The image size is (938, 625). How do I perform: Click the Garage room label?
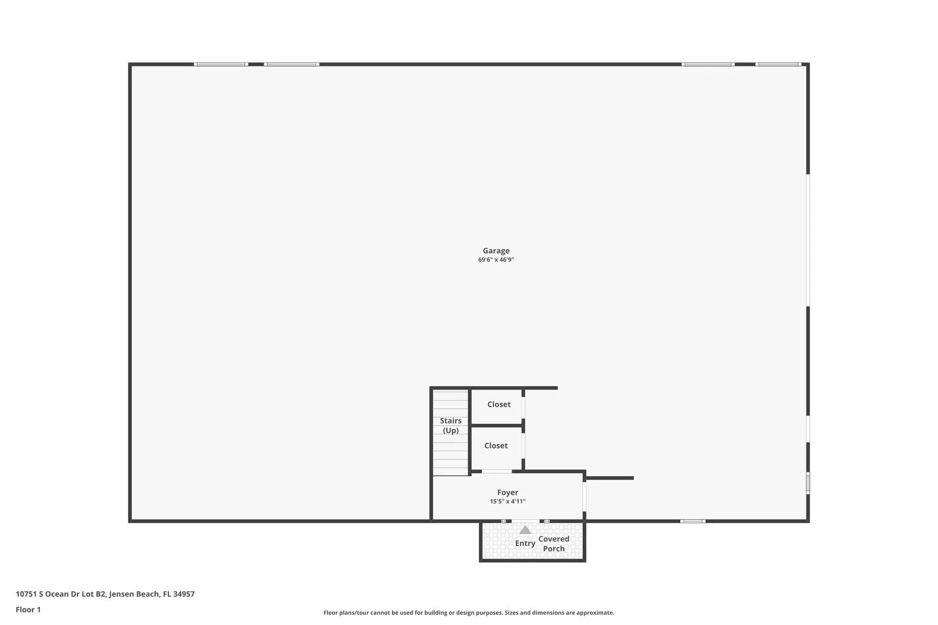coord(496,251)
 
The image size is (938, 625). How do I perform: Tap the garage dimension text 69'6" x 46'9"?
coord(496,259)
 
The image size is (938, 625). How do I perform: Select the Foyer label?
coord(508,492)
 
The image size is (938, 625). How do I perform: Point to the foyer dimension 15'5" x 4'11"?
coord(508,501)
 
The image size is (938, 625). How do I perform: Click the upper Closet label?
coord(499,405)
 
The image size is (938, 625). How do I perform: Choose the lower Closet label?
coord(496,446)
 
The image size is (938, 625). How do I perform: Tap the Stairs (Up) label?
coord(450,425)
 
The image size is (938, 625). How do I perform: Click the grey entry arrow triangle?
coord(525,530)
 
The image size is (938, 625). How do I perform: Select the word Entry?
coord(525,543)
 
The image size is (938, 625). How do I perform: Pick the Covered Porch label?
coord(554,543)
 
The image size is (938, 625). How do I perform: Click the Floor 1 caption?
coord(28,609)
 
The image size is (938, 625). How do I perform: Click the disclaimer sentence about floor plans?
coord(468,612)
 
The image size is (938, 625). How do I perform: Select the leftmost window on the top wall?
coord(221,64)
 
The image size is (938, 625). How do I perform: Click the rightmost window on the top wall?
coord(778,64)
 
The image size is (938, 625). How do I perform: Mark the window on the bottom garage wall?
coord(692,521)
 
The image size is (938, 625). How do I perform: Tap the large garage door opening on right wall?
coord(808,240)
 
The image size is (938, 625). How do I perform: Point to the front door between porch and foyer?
coord(526,521)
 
